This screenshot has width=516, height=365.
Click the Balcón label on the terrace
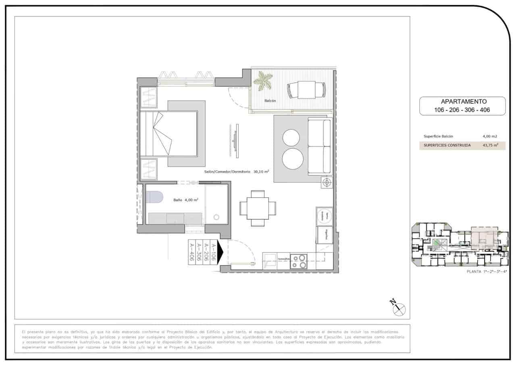click(x=270, y=101)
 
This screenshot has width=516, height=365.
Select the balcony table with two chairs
click(x=306, y=90)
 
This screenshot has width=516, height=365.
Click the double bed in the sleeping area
click(x=169, y=133)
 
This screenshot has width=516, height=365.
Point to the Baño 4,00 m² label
click(x=186, y=200)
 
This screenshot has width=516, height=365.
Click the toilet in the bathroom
click(x=154, y=197)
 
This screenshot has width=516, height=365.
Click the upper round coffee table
click(x=291, y=138)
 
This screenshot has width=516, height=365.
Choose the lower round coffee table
click(x=292, y=159)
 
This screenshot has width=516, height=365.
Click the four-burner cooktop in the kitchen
click(x=299, y=261)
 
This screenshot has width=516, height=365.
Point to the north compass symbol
click(x=398, y=309)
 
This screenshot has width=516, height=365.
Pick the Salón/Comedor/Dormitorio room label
click(x=227, y=171)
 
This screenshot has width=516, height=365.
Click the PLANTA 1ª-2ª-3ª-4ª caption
click(x=486, y=272)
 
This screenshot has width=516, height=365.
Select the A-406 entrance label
click(x=192, y=252)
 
